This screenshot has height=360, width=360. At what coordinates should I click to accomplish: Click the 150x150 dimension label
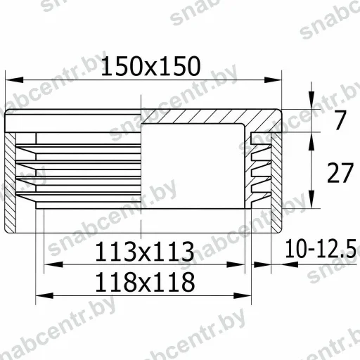pos(150,66)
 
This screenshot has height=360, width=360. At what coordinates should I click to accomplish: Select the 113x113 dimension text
pos(145,252)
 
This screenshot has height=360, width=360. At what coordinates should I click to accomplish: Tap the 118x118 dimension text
pos(145,282)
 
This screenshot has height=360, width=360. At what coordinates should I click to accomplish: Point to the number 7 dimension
pos(340,120)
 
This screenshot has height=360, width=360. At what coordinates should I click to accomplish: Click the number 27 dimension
pos(340,173)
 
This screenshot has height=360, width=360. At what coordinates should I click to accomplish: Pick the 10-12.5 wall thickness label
pos(321,248)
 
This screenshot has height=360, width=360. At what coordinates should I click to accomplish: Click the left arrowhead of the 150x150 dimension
pos(15,80)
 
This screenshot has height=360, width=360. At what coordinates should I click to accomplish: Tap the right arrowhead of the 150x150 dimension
pos(273,80)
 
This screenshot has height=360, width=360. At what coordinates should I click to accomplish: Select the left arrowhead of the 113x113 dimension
pos(53,264)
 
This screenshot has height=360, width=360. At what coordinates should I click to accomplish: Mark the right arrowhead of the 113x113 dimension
pos(236,264)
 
